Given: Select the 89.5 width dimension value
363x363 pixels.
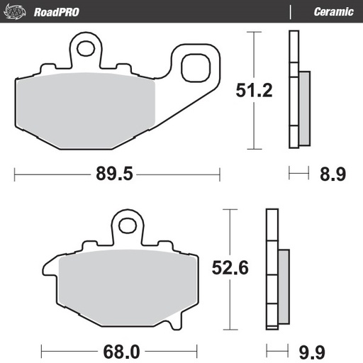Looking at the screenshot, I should [x=117, y=173].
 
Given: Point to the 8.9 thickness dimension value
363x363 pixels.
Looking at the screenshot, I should [x=332, y=173].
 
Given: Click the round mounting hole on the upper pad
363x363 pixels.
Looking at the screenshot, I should [x=86, y=49].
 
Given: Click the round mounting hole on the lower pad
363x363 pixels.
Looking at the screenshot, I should [x=128, y=225].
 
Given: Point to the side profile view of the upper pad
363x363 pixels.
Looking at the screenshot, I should [x=298, y=90].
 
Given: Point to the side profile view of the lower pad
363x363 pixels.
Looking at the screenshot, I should [x=276, y=269].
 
